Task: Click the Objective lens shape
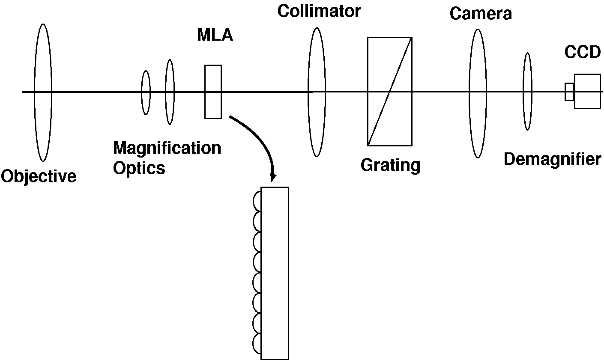click(x=43, y=92)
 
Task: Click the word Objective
click(x=39, y=176)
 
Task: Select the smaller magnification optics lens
click(x=146, y=92)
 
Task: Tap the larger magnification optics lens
click(x=170, y=92)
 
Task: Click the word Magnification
click(x=167, y=148)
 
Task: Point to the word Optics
click(x=139, y=168)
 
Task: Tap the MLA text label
click(x=215, y=35)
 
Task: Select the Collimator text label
click(x=319, y=11)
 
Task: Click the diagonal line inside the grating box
click(x=390, y=91)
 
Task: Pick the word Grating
click(x=390, y=165)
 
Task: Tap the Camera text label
click(x=481, y=14)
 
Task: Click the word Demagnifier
click(x=552, y=159)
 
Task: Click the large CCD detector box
click(x=587, y=91)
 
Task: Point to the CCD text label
click(x=582, y=52)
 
